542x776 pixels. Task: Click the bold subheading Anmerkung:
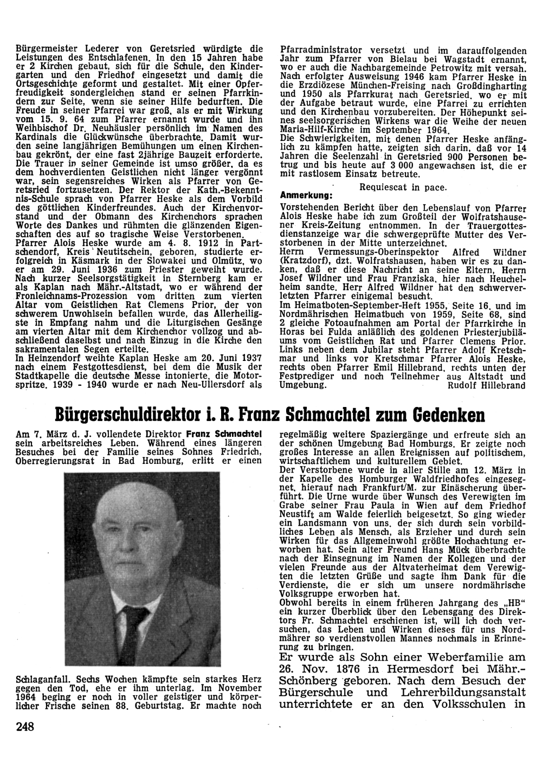[307, 195]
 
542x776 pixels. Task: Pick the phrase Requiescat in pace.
[403, 187]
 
